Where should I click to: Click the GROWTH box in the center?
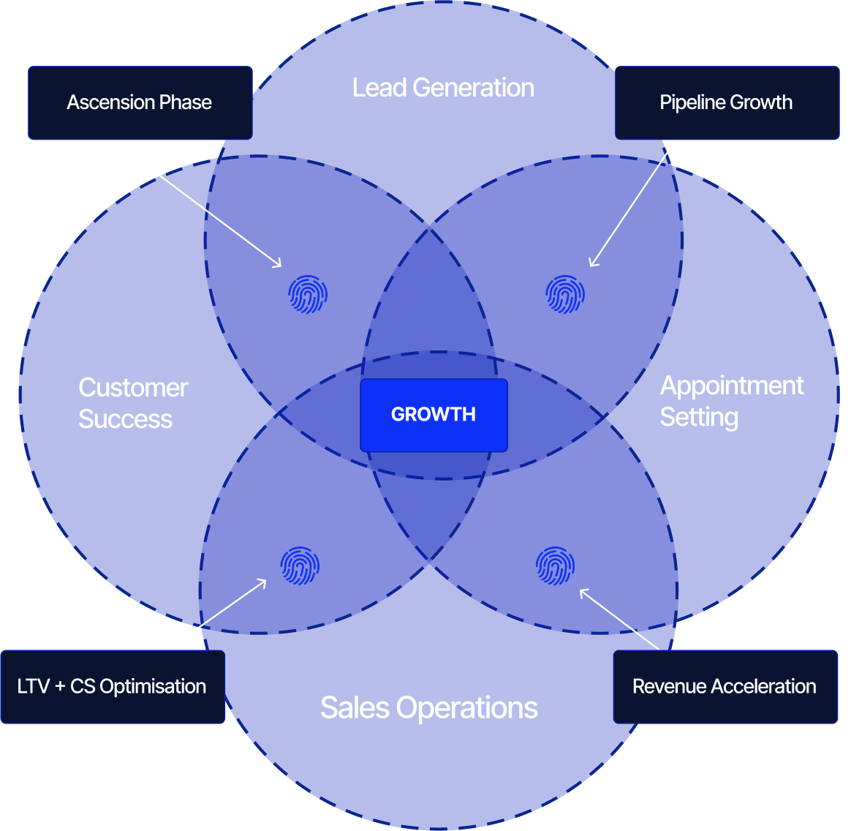(434, 415)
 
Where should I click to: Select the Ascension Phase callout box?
(140, 102)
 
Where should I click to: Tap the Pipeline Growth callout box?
(727, 102)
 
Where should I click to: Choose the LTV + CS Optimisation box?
(113, 687)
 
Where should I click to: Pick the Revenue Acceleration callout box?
(725, 687)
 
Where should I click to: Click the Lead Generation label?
(443, 88)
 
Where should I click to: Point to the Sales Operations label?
(429, 707)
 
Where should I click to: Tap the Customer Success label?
(133, 403)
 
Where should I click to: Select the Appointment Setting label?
(731, 401)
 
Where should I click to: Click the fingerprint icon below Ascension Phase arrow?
(308, 294)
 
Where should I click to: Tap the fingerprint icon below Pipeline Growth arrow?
(565, 294)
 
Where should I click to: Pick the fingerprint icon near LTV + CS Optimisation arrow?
(300, 565)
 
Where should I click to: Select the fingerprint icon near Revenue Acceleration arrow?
(555, 565)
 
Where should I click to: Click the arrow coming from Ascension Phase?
(196, 203)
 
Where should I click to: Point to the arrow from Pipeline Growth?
(632, 203)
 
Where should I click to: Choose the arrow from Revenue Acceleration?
(620, 620)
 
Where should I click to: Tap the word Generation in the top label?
(473, 88)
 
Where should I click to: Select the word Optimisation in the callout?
(153, 687)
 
